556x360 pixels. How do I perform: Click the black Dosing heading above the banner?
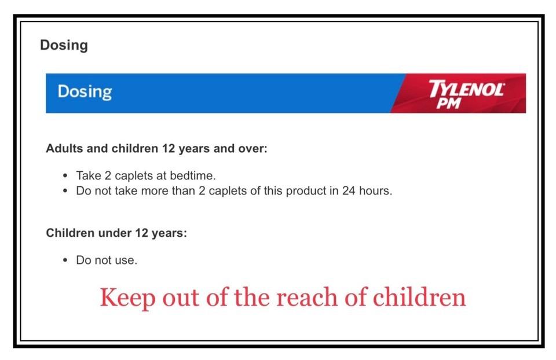pyautogui.click(x=64, y=46)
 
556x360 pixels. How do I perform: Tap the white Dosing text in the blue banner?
pyautogui.click(x=85, y=92)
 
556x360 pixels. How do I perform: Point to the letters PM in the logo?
pyautogui.click(x=449, y=103)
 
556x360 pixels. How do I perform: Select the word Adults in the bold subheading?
pyautogui.click(x=64, y=148)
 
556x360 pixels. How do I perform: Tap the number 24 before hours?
pyautogui.click(x=349, y=190)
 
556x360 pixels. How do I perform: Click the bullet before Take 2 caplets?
pyautogui.click(x=65, y=176)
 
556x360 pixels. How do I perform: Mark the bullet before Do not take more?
pyautogui.click(x=65, y=191)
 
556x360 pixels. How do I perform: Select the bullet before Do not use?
pyautogui.click(x=65, y=260)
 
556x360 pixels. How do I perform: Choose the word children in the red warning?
pyautogui.click(x=419, y=297)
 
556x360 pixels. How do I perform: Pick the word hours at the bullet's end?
pyautogui.click(x=375, y=190)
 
